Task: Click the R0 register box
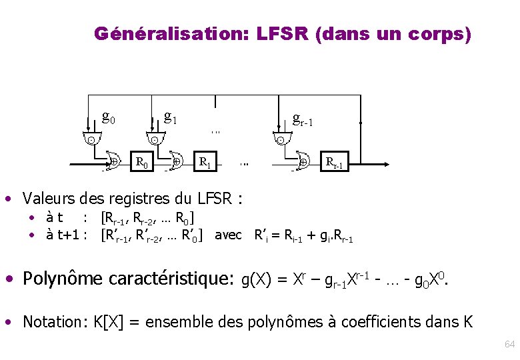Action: coord(141,161)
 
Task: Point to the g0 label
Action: coord(109,118)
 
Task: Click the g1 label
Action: coord(171,118)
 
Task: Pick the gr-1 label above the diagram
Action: coord(303,119)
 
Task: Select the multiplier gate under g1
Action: coord(154,139)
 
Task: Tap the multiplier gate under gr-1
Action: coord(281,139)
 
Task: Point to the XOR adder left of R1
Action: coord(176,162)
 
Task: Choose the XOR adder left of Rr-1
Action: coord(303,162)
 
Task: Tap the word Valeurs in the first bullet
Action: coord(49,198)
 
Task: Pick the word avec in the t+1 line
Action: coord(228,235)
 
